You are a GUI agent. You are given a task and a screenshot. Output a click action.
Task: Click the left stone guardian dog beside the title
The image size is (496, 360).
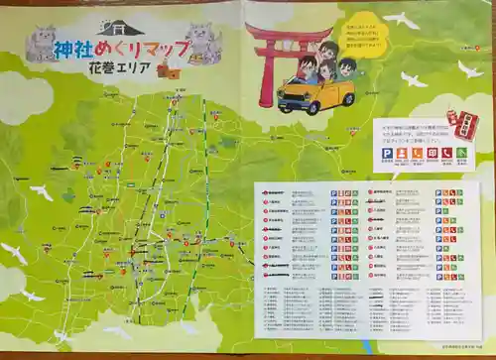[x=42, y=44]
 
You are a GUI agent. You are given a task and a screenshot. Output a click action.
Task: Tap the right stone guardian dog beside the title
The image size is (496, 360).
[x=202, y=43]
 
